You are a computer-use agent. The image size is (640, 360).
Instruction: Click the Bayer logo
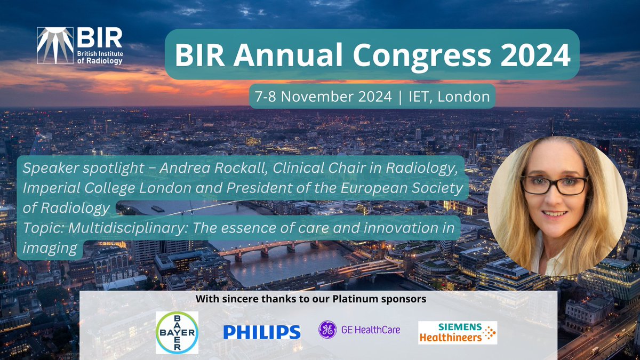[177, 332]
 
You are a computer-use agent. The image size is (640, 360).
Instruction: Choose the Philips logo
[261, 332]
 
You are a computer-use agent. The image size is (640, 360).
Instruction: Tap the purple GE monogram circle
[327, 330]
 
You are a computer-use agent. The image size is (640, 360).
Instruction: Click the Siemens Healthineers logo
[457, 332]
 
